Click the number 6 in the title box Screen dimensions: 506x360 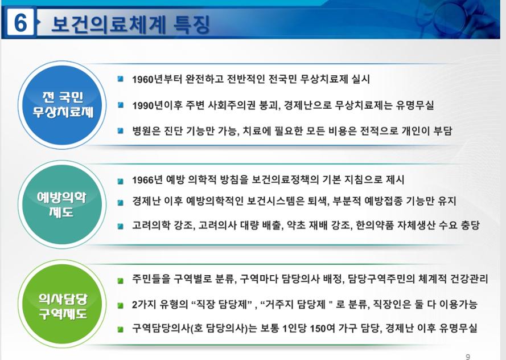coord(20,23)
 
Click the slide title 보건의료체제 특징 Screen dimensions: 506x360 coord(131,24)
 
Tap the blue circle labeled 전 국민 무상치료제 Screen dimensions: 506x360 coord(62,105)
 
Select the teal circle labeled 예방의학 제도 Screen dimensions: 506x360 coord(62,204)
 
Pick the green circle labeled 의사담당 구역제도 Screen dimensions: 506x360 coord(62,304)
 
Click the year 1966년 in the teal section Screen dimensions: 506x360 coord(147,180)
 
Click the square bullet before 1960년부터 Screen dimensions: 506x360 coord(121,79)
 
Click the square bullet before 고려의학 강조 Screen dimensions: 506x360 coord(121,226)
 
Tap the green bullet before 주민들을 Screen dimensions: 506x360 coord(121,281)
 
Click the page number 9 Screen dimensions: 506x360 coord(468,357)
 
